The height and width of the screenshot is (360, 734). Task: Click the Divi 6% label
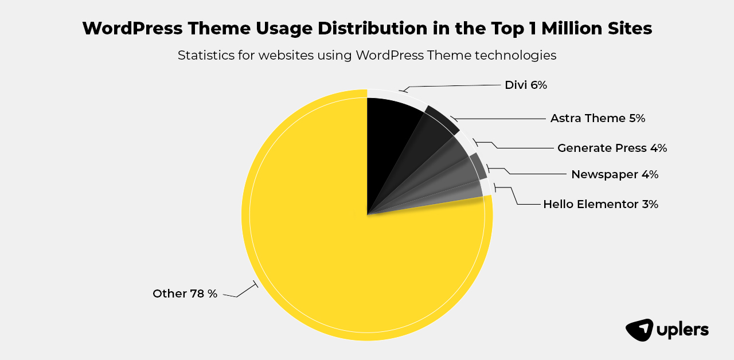tap(526, 85)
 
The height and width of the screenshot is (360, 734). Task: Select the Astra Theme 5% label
tap(598, 119)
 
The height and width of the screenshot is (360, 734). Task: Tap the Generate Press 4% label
tap(612, 148)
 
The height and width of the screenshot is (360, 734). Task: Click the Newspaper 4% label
tap(614, 174)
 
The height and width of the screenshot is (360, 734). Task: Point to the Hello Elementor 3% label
tap(600, 204)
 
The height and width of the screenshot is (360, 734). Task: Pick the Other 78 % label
tap(185, 294)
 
